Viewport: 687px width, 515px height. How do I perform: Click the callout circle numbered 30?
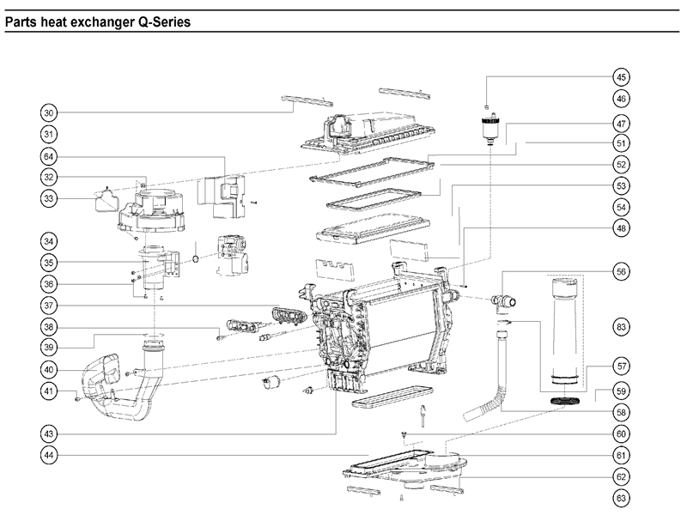[x=49, y=112]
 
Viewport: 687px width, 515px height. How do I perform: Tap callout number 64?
[x=49, y=156]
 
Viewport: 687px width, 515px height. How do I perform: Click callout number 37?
[x=49, y=306]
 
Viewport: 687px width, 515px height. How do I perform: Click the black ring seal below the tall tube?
[x=565, y=401]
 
